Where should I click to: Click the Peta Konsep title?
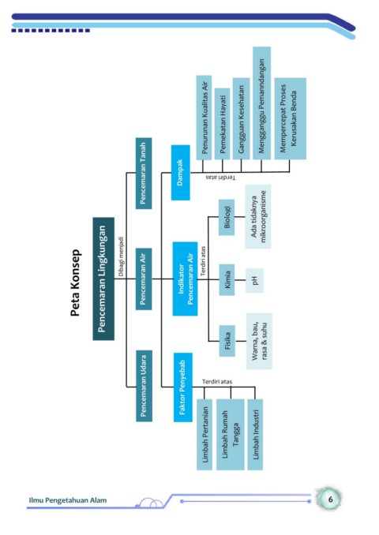click(75, 282)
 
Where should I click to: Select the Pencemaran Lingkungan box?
click(103, 279)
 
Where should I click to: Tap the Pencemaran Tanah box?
click(144, 174)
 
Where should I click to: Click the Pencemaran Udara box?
click(144, 386)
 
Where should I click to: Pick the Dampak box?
click(180, 173)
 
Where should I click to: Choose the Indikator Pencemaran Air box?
click(185, 279)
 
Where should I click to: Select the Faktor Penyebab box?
click(183, 387)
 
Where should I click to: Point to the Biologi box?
click(227, 217)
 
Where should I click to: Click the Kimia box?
click(227, 279)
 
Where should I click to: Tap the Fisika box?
click(227, 341)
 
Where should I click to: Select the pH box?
click(254, 280)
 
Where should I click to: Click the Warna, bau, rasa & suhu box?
click(259, 341)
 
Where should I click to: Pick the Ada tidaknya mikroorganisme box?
click(258, 217)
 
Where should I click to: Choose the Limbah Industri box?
click(255, 435)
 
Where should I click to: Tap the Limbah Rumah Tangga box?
click(230, 435)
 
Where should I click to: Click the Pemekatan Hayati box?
click(223, 124)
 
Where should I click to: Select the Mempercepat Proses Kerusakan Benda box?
click(291, 118)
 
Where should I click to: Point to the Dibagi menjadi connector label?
click(121, 256)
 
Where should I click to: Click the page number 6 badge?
click(329, 499)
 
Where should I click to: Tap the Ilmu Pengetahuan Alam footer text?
click(68, 500)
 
